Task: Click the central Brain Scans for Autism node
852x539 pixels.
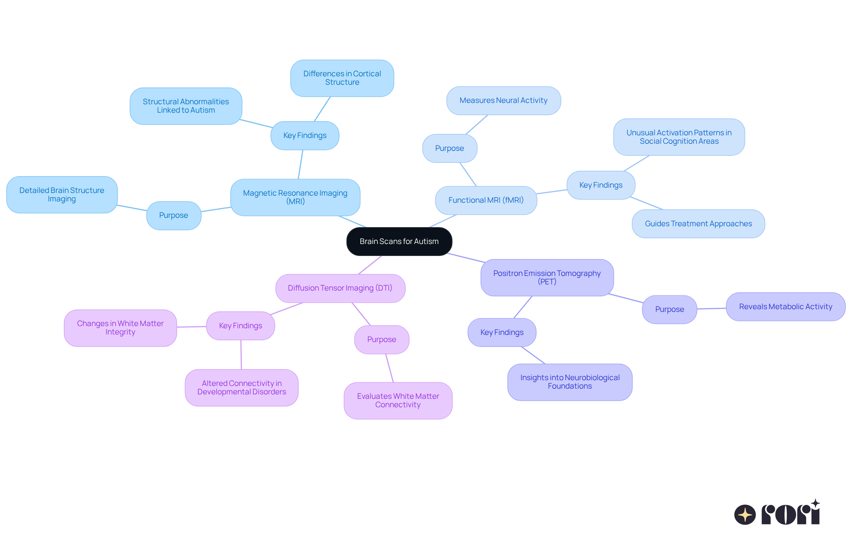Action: (x=399, y=241)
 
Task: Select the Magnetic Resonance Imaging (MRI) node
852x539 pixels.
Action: (x=295, y=197)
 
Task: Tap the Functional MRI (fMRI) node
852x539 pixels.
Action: (x=486, y=200)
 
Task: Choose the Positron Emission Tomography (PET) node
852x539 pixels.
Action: (x=547, y=277)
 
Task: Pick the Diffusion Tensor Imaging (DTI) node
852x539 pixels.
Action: (x=340, y=288)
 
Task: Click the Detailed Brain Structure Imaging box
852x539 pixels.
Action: (x=62, y=195)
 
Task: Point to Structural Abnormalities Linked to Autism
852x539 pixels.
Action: (x=185, y=106)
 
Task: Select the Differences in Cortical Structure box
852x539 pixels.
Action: (x=342, y=78)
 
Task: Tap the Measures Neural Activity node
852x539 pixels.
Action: (x=503, y=100)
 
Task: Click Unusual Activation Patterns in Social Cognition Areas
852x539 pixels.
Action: (x=678, y=137)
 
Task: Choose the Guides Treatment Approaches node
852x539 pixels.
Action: (x=698, y=224)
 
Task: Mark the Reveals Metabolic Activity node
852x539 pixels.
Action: (x=785, y=307)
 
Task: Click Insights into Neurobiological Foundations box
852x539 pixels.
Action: (x=570, y=382)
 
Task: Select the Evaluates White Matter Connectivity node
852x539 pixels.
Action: (x=398, y=401)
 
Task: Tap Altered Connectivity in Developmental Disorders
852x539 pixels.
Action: (x=241, y=388)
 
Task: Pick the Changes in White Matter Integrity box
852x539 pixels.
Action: (x=120, y=328)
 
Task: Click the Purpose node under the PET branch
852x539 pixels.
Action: (x=669, y=309)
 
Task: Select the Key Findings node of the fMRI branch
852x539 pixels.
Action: (x=600, y=185)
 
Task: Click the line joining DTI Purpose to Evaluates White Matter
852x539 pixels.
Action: (x=390, y=368)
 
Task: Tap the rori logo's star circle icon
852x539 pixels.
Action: (x=745, y=515)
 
